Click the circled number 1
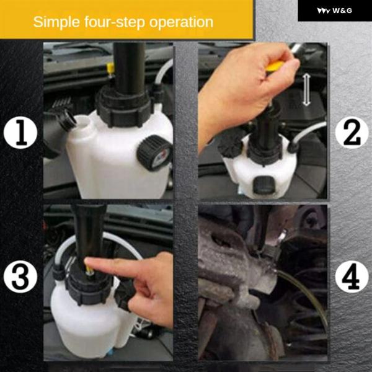point(20,133)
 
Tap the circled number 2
point(352,133)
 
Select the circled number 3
point(20,277)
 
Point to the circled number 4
point(352,277)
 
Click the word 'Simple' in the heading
point(56,22)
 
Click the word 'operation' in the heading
point(181,22)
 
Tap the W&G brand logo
point(335,11)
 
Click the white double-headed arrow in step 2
point(306,90)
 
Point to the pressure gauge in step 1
point(154,153)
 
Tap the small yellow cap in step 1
point(110,68)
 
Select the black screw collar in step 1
point(123,108)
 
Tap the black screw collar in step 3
point(88,290)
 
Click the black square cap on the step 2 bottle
point(264,184)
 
